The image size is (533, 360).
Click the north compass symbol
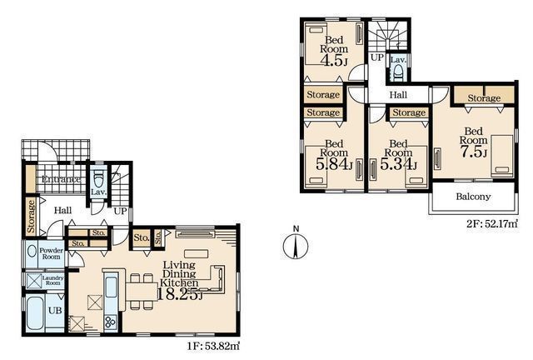tap(296, 243)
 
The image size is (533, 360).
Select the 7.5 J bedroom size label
tap(474, 152)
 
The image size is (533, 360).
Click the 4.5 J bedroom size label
tap(334, 61)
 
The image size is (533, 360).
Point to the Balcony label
tap(473, 197)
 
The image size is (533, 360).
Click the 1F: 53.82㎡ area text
tap(213, 347)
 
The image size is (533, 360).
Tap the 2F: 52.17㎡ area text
tap(491, 224)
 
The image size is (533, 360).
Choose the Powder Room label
tap(52, 253)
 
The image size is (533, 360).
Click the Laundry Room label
tap(52, 280)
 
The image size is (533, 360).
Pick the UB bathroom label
tap(55, 311)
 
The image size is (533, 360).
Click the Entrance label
tap(61, 179)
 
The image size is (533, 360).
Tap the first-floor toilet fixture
tap(98, 178)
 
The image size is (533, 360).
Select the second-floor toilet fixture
tap(398, 72)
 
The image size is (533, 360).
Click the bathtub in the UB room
tap(35, 313)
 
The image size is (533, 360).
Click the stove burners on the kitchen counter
tap(111, 322)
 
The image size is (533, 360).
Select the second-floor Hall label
tap(398, 95)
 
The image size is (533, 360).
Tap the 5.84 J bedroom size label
tap(334, 165)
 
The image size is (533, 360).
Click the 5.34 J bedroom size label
tap(398, 165)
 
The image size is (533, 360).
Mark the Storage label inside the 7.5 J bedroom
tap(484, 98)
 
